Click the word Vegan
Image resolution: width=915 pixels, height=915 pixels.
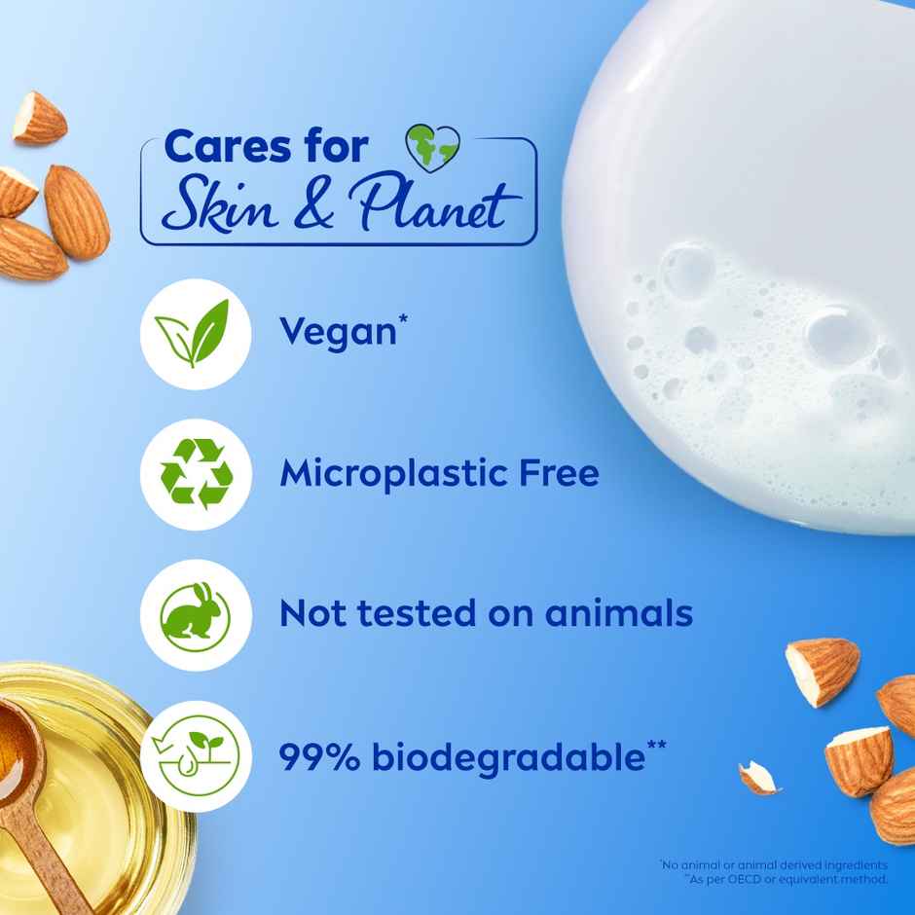[337, 333]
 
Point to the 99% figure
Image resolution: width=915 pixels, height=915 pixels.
[322, 756]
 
